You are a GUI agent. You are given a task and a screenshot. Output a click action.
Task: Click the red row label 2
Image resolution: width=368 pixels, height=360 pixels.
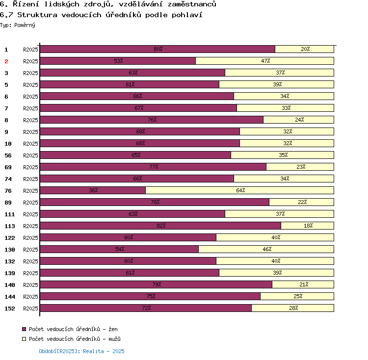[6, 61]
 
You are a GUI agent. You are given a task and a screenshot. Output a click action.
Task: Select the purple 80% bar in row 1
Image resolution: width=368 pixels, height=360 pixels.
[157, 49]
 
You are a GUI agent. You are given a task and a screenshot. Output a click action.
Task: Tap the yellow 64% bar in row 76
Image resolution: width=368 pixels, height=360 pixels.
[239, 190]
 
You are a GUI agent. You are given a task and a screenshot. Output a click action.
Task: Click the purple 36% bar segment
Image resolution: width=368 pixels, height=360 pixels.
[93, 190]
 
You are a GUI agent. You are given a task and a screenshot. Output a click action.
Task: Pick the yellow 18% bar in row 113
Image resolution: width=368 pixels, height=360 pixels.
[307, 226]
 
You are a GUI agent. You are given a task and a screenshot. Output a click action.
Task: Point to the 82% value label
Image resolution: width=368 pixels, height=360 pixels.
[160, 226]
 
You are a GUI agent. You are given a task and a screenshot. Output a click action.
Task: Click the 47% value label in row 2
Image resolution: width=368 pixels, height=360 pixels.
[265, 61]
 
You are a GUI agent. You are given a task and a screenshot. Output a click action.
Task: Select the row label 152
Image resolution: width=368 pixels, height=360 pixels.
[9, 309]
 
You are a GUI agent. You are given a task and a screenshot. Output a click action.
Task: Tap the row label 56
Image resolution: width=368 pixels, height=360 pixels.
[8, 155]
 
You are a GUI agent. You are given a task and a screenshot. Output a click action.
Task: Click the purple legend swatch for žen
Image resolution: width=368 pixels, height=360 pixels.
[24, 329]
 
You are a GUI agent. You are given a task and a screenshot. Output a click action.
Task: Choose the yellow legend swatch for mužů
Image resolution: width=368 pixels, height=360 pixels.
[24, 339]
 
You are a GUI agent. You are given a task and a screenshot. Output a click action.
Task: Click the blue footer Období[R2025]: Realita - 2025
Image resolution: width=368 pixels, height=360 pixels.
[81, 351]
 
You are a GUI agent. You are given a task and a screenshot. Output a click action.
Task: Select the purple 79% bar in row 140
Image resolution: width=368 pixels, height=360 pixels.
[156, 284]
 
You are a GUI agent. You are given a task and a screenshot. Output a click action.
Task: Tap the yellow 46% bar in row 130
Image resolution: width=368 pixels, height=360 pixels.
[266, 249]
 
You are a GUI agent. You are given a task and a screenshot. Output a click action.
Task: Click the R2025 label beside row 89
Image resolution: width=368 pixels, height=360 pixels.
[30, 203]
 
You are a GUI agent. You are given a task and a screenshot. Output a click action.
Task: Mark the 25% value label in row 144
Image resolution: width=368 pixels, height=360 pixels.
[297, 296]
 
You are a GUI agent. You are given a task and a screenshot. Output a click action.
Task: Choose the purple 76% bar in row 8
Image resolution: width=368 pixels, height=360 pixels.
[151, 120]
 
